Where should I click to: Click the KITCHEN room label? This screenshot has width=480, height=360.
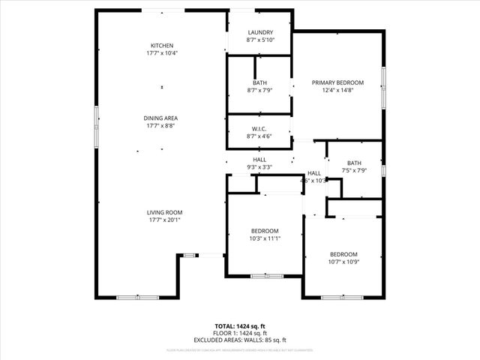[162, 45]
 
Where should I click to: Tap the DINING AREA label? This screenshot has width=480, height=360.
[161, 118]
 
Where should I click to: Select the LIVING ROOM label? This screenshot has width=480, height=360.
[165, 212]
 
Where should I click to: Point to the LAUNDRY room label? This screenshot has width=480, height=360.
[260, 32]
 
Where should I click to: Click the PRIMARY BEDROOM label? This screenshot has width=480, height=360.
[337, 82]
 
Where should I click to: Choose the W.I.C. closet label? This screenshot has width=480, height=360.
[260, 129]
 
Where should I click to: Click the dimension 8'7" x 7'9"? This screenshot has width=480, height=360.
[260, 90]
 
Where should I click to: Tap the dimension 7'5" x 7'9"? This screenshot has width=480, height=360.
[354, 171]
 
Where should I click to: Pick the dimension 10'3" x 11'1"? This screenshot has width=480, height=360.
[265, 238]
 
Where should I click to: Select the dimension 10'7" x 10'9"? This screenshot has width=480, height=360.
[343, 262]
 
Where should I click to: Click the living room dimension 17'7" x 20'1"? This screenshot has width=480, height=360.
[165, 220]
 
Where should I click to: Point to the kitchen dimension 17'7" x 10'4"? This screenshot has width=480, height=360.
[162, 53]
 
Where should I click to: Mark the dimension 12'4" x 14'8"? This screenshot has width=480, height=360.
[337, 90]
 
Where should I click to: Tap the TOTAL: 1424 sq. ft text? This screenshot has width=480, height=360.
[239, 326]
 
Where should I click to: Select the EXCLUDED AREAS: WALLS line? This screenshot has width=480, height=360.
[239, 340]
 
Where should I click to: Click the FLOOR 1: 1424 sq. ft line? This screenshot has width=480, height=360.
[239, 333]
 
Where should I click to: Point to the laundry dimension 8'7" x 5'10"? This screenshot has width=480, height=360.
[260, 40]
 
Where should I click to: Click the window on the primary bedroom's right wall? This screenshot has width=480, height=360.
[383, 86]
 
